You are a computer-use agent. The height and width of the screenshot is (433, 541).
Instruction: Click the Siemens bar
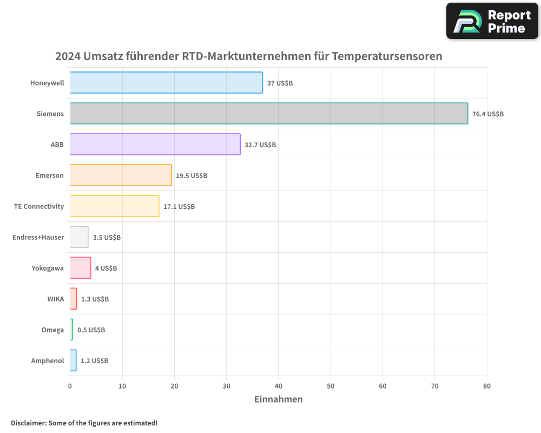(269, 114)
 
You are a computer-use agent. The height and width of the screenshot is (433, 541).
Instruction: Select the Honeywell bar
(166, 83)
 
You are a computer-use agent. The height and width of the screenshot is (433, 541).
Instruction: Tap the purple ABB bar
(155, 145)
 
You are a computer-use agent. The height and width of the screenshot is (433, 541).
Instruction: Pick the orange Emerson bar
(121, 175)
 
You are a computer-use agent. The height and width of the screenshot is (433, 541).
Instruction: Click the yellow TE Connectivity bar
(115, 206)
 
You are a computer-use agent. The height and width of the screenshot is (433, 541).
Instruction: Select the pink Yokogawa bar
(81, 268)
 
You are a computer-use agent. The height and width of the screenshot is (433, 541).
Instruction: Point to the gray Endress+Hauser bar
(79, 237)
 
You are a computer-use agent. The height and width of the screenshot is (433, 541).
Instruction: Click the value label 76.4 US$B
(487, 114)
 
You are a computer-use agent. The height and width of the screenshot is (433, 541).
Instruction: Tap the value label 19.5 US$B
(192, 176)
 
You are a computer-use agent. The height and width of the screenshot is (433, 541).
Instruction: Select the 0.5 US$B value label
(91, 330)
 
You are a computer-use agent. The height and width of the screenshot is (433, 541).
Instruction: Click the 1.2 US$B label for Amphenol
(94, 361)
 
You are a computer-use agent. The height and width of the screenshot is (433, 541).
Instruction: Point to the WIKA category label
(55, 299)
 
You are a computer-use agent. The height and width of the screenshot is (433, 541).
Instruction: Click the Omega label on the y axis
(52, 330)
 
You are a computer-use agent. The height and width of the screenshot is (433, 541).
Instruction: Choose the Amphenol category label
(48, 361)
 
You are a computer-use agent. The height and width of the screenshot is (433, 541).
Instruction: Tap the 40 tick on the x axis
(279, 386)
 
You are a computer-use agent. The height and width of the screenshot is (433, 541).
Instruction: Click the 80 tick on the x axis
(487, 386)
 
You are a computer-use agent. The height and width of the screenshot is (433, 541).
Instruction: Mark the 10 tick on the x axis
(122, 386)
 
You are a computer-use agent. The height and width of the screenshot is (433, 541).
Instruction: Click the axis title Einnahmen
(278, 399)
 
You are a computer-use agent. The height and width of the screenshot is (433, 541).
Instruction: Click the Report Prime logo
(492, 21)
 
